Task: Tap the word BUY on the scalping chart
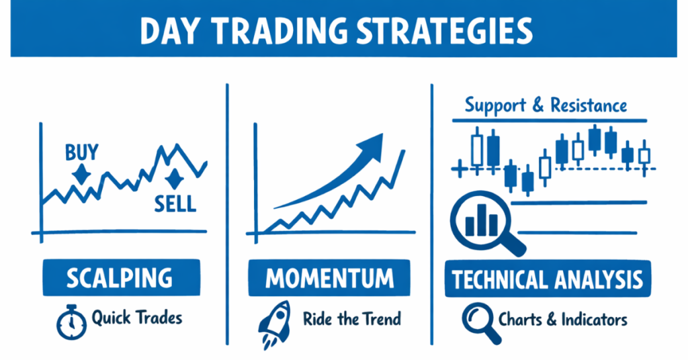coord(81,153)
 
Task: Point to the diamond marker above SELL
coord(174,179)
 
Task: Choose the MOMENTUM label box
coord(331,278)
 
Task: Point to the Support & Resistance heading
coord(546,105)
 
